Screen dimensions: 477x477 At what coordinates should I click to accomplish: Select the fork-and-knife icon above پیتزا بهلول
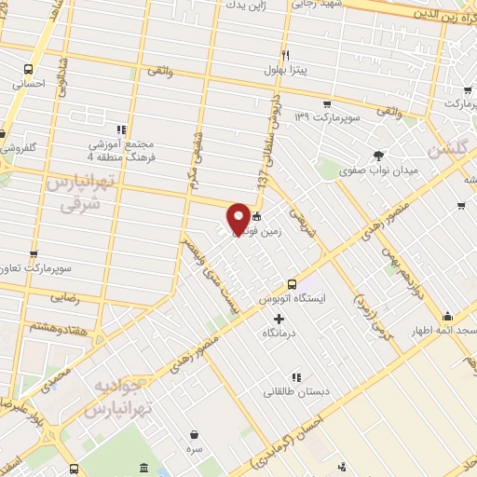point(285,54)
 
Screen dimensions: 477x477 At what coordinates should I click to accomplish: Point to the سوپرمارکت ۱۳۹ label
point(320,117)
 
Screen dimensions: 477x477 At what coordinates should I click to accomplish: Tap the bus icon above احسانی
point(29,69)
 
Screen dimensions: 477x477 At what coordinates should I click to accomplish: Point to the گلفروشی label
point(17,147)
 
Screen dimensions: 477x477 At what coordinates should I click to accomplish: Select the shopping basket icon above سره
point(194,434)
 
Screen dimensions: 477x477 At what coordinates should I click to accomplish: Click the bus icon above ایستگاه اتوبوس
point(292,284)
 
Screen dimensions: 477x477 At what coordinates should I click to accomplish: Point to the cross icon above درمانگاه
point(279,318)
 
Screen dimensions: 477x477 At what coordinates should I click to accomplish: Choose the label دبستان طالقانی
point(294,391)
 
